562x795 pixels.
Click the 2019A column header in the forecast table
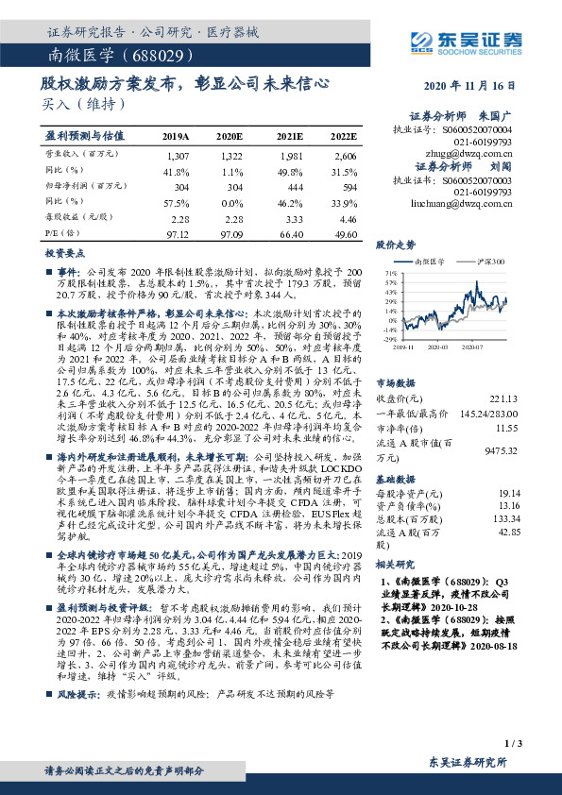coord(176,135)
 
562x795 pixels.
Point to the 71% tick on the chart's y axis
coord(391,272)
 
